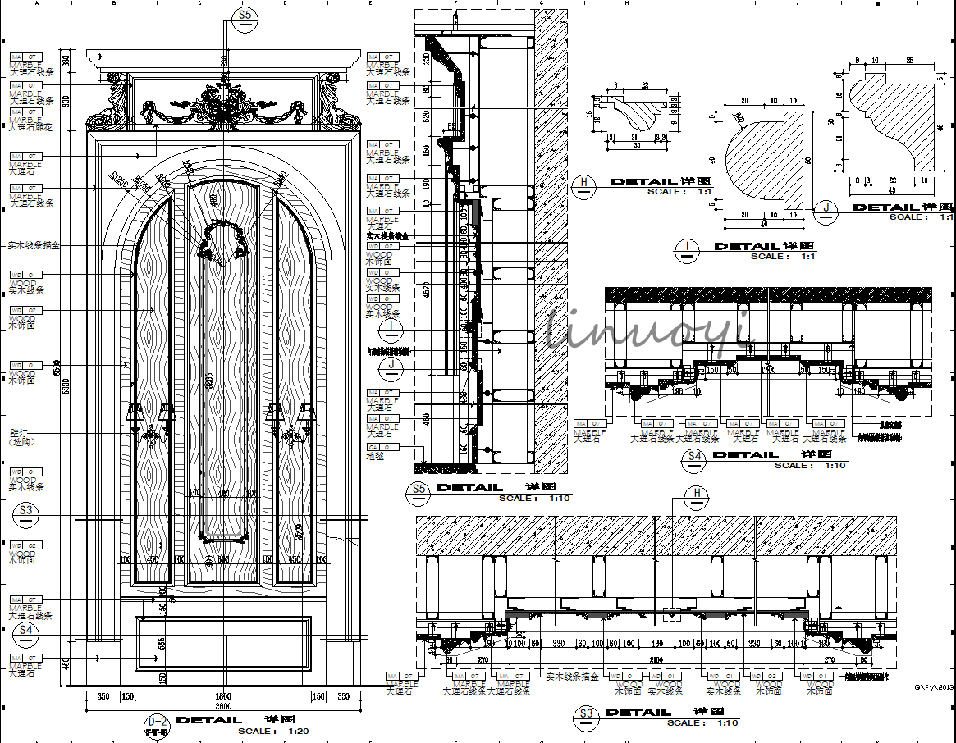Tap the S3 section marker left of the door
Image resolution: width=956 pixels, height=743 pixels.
27,511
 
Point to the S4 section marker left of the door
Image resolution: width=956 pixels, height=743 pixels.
27,631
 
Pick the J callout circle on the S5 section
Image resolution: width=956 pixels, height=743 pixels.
393,365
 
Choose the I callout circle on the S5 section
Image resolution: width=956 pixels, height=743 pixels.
393,330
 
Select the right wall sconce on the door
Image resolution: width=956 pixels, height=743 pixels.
290,422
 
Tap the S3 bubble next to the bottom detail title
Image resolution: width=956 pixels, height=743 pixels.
586,714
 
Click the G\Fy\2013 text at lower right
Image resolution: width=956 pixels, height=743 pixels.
934,688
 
